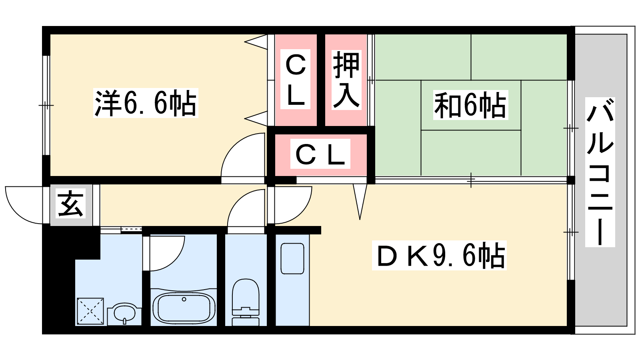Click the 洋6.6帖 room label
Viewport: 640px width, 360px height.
[146, 103]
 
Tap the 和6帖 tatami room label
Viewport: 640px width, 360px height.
[470, 105]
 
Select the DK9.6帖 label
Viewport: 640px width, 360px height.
[439, 255]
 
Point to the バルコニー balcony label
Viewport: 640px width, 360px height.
[600, 172]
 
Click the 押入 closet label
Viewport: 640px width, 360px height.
[346, 80]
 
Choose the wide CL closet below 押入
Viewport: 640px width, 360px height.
[320, 154]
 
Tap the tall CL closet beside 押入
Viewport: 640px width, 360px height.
[296, 80]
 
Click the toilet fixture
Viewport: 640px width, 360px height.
[246, 302]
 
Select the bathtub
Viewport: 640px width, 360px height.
[184, 307]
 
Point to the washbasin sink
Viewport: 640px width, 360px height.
[124, 314]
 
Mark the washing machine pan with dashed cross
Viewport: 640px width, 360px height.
[90, 311]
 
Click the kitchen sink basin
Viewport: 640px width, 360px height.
[292, 258]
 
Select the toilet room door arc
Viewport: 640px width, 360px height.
[245, 208]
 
